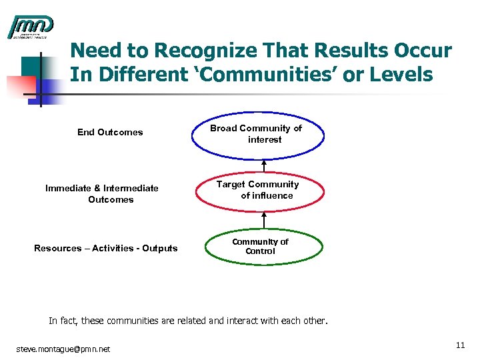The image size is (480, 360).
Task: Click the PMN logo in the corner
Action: pyautogui.click(x=30, y=27)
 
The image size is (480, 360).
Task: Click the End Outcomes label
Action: pyautogui.click(x=110, y=132)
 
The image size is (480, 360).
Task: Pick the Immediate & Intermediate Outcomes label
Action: pyautogui.click(x=102, y=193)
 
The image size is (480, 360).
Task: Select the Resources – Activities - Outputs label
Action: pyautogui.click(x=105, y=248)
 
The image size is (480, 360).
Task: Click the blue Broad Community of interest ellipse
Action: pyautogui.click(x=257, y=134)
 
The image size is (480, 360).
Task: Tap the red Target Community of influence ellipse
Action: pyautogui.click(x=257, y=190)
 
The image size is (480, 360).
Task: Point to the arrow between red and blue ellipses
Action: pyautogui.click(x=265, y=167)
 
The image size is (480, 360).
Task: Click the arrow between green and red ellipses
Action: pyautogui.click(x=265, y=221)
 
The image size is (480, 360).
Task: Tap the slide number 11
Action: pyautogui.click(x=460, y=345)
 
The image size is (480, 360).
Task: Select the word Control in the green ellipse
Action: pyautogui.click(x=260, y=251)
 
